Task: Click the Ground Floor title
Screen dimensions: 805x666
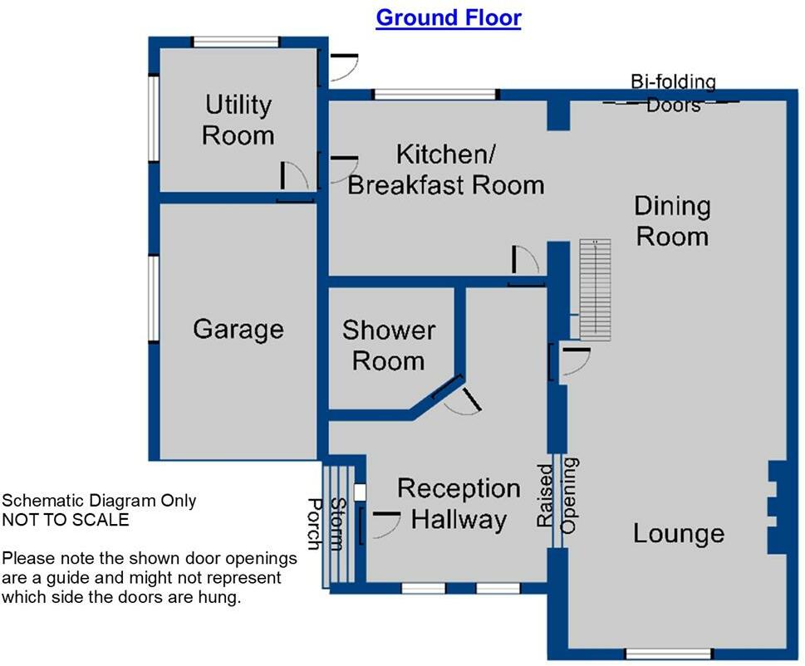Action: pos(449,18)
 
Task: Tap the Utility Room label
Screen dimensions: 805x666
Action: pos(238,120)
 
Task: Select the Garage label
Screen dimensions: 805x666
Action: pos(238,330)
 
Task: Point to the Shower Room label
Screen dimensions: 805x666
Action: pos(389,345)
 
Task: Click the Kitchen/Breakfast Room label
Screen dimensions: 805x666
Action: pos(445,169)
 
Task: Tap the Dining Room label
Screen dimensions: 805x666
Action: pos(673,221)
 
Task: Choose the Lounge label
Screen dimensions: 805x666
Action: pos(678,533)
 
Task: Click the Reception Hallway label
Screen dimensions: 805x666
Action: pos(459,504)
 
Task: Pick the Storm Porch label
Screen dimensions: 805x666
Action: pos(325,524)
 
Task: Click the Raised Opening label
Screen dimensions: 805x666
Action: pos(557,496)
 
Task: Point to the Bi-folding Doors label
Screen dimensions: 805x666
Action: pos(673,93)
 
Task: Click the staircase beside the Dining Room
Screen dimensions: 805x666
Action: pos(595,289)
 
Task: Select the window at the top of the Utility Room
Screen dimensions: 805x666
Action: pos(236,42)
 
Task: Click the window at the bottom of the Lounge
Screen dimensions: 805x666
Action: pos(669,654)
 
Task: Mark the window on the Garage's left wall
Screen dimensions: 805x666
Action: pos(154,298)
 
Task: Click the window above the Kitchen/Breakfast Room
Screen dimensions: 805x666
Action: pos(434,95)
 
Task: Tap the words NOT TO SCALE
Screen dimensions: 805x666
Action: pos(66,520)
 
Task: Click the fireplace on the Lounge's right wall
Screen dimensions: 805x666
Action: pos(778,507)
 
